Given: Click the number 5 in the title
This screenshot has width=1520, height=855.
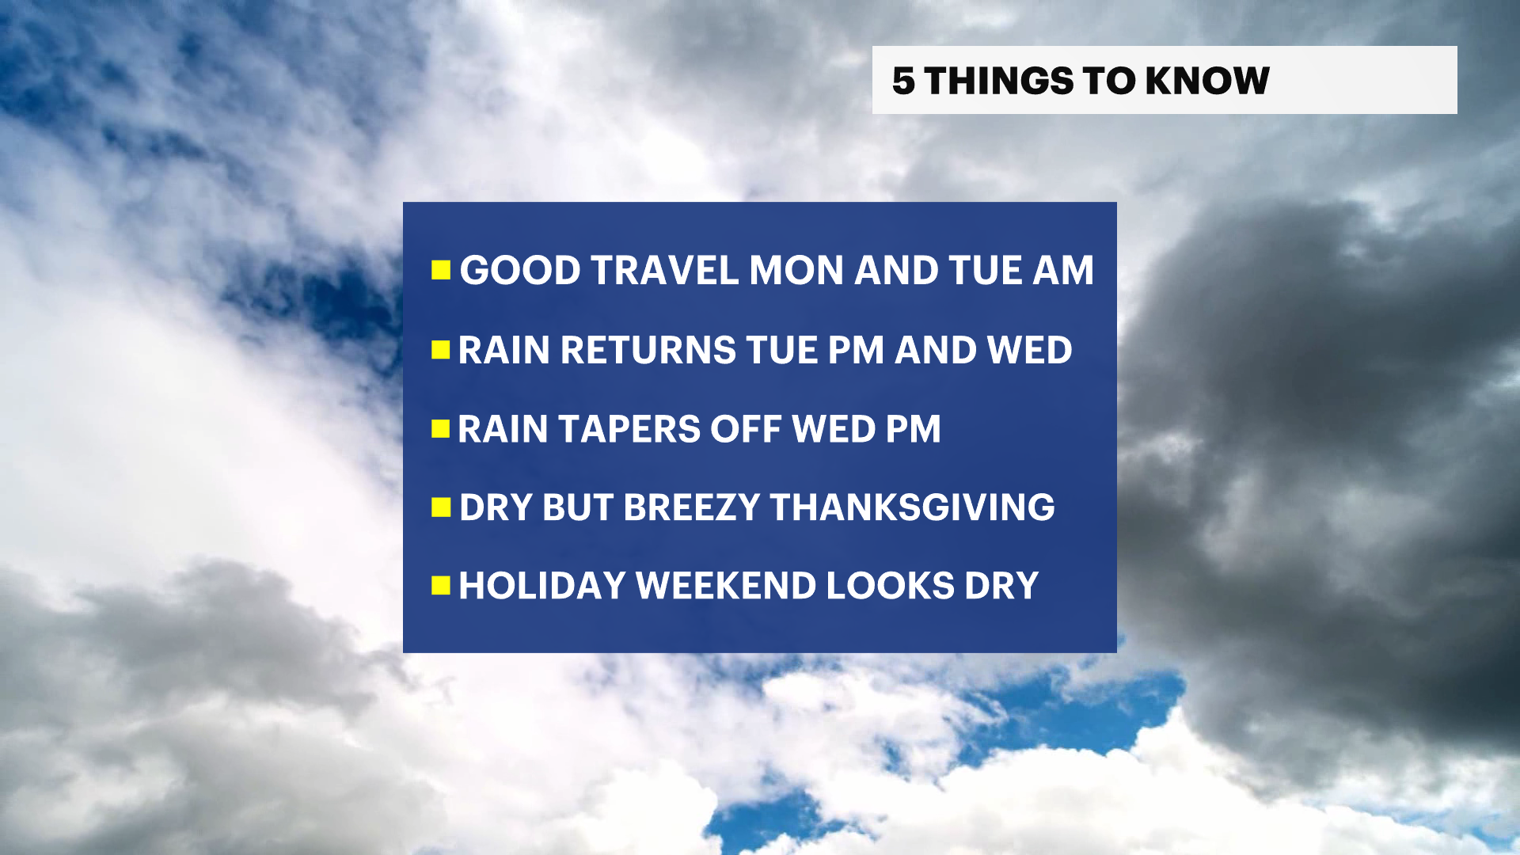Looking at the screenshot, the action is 903,81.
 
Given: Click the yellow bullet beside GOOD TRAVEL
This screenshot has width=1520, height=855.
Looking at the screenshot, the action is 441,271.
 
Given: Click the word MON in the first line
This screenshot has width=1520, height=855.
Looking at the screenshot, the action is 796,271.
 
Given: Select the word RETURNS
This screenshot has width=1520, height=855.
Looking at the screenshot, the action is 648,350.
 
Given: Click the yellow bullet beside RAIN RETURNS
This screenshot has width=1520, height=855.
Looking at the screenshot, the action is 441,350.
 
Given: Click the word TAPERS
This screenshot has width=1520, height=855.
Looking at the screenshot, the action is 629,429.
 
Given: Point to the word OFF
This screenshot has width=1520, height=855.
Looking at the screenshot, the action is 746,429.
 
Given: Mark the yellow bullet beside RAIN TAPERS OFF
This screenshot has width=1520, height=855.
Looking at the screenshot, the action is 441,429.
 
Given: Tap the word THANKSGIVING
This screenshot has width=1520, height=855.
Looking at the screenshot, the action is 912,507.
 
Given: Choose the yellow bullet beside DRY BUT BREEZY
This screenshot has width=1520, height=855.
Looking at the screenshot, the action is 441,507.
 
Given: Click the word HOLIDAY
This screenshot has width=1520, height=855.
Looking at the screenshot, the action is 542,586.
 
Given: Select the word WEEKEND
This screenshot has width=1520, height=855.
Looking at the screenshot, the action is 726,586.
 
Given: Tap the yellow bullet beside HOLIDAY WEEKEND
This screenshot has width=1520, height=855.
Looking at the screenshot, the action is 441,586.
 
